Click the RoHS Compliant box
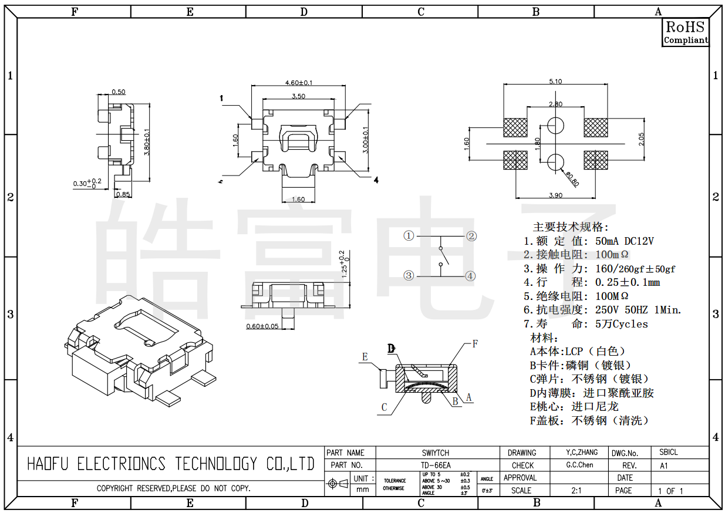[686, 32]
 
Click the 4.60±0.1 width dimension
[298, 83]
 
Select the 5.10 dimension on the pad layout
[555, 82]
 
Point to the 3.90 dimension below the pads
[555, 195]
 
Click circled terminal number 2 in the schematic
[471, 236]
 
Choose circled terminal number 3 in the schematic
[409, 275]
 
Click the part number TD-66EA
[436, 465]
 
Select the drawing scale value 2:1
[576, 490]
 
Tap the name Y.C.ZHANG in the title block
[582, 453]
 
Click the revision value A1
[664, 465]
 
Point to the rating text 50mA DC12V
[624, 241]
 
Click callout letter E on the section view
[365, 357]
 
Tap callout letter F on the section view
[475, 344]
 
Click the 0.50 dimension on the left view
[118, 92]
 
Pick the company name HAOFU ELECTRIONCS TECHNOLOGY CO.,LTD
[171, 464]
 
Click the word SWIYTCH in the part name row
[436, 453]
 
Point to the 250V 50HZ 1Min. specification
[638, 310]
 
